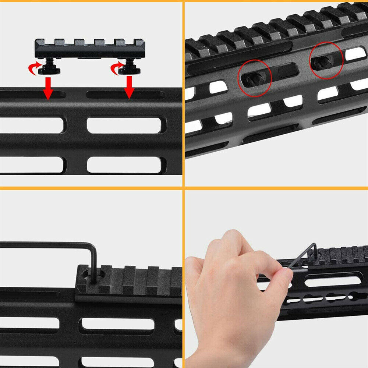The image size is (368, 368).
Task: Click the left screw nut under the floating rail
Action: tap(47, 70)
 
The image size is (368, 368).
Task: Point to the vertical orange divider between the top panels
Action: tap(183, 92)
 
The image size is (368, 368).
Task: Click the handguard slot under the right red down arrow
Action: tap(125, 95)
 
